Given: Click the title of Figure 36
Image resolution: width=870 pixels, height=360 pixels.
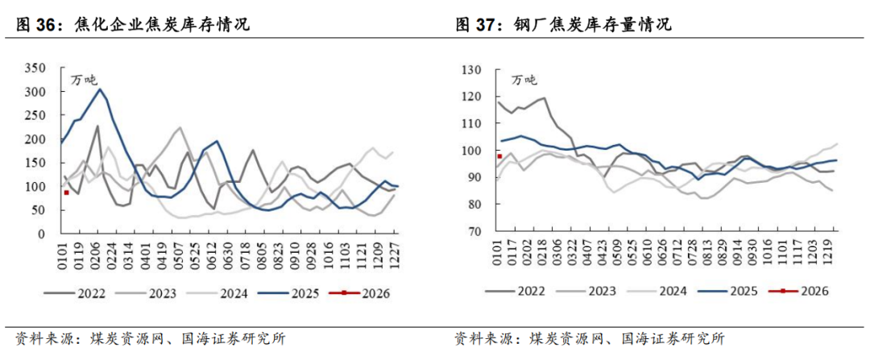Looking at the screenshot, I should click(133, 25).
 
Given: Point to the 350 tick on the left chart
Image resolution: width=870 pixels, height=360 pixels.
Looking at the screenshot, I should click(38, 68).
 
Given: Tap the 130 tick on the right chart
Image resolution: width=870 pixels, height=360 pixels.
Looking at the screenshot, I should click(470, 69).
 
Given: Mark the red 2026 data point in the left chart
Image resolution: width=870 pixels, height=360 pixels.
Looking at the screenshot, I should click(66, 192).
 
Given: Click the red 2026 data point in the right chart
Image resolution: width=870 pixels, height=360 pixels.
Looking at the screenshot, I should click(499, 156).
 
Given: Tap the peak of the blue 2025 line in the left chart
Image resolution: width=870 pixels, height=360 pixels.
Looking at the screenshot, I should click(100, 89).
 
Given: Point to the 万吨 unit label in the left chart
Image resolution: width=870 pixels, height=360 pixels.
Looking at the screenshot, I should click(83, 79).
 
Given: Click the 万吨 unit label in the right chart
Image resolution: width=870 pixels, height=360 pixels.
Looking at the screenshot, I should click(524, 79).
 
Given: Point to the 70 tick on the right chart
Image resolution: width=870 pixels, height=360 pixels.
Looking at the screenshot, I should click(473, 232).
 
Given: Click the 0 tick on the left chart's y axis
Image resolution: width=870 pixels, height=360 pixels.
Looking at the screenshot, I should click(47, 234).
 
